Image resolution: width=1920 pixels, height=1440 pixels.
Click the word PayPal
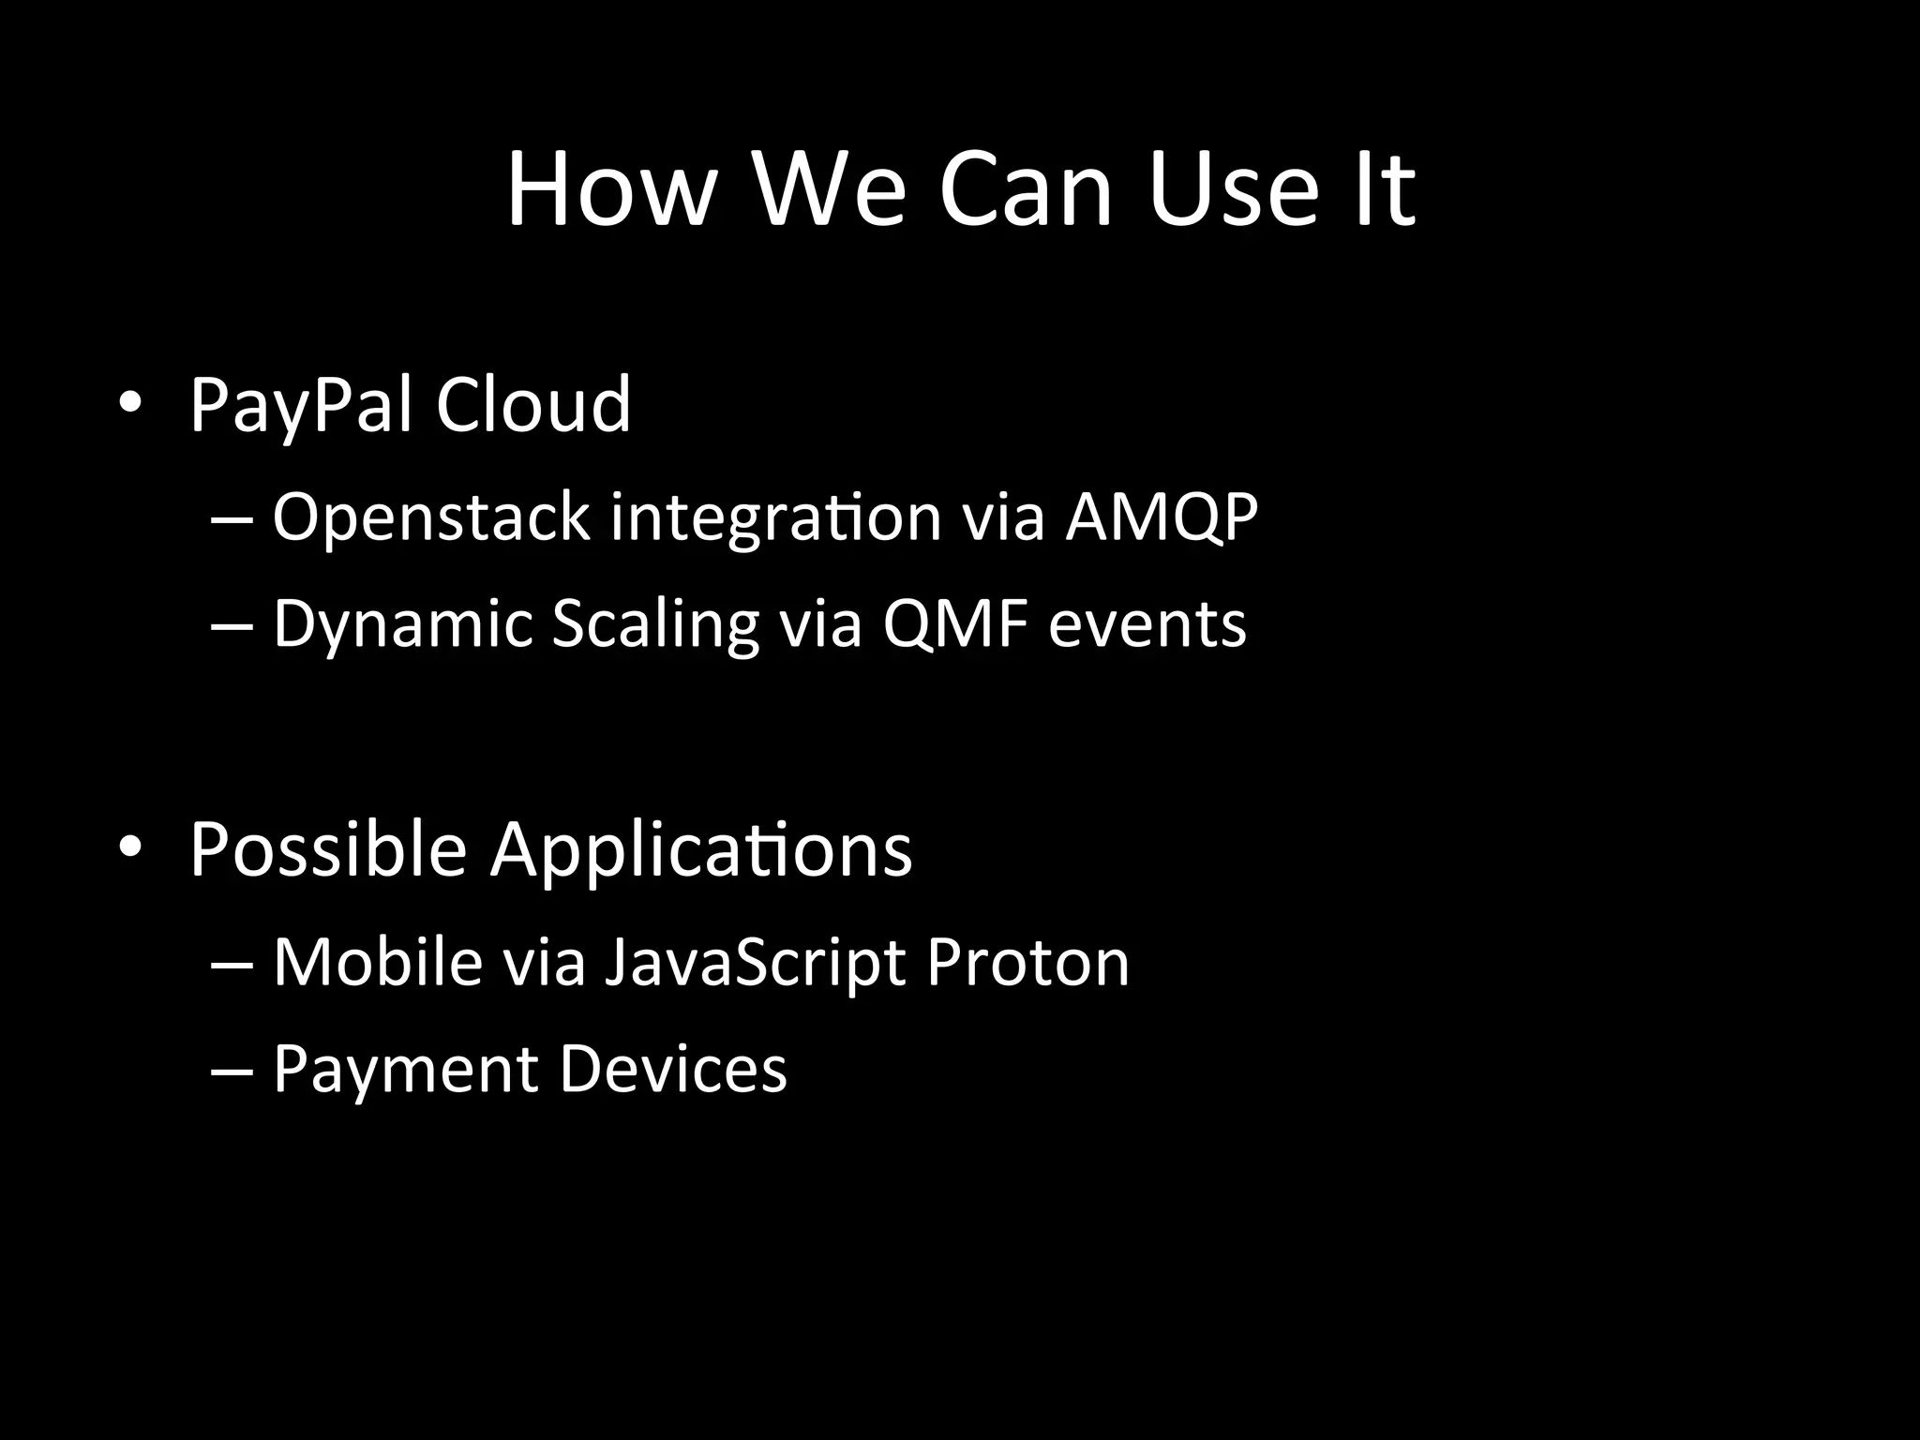point(301,406)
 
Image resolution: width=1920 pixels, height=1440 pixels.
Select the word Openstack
point(430,517)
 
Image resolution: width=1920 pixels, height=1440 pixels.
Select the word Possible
point(328,849)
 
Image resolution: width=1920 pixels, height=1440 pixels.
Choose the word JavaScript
point(755,964)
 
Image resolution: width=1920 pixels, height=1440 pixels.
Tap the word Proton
point(1027,963)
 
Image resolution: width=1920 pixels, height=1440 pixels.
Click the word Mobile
point(378,962)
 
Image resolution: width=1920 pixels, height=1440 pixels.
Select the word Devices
point(673,1069)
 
